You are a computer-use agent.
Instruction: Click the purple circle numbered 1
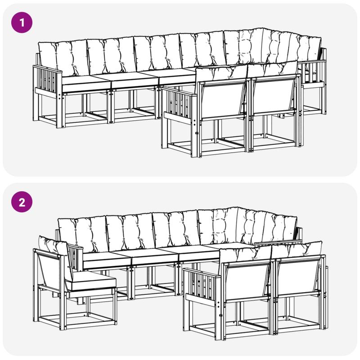click(22, 22)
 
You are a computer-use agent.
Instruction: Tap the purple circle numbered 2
click(22, 202)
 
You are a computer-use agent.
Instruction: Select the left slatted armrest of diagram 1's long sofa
click(48, 81)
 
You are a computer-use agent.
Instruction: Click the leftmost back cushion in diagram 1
click(63, 58)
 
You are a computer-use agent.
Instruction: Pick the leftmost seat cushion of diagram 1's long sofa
click(86, 84)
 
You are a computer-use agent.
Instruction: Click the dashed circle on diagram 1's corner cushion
click(245, 47)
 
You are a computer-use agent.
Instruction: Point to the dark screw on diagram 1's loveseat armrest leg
click(197, 133)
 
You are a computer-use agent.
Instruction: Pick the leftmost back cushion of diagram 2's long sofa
click(83, 234)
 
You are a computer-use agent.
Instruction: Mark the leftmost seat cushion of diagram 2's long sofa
click(107, 260)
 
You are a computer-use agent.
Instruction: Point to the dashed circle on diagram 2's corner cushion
click(219, 227)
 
